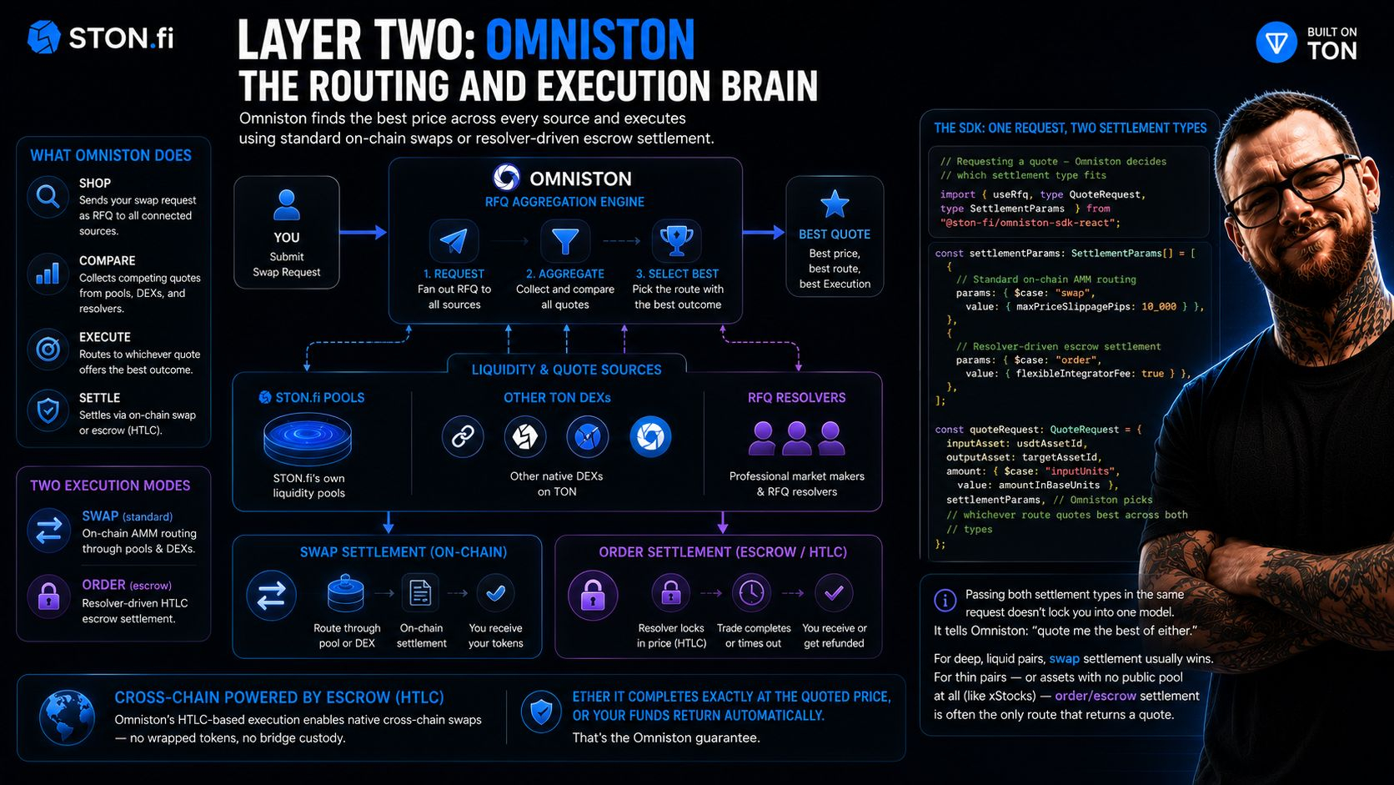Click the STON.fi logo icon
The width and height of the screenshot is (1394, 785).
point(43,38)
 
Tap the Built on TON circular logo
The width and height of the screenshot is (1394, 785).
point(1276,43)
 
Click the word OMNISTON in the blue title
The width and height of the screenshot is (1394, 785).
point(590,40)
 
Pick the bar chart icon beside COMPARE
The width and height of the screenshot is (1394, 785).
point(48,274)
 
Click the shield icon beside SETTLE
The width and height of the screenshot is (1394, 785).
point(48,411)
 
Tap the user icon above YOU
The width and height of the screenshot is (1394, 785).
point(286,205)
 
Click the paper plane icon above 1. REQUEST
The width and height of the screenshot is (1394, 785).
point(454,240)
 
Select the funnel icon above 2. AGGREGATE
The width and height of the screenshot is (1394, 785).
point(565,240)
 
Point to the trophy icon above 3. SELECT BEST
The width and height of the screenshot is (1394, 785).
point(676,240)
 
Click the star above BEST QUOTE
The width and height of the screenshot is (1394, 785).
point(835,204)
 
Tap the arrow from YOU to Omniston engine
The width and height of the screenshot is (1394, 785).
point(363,232)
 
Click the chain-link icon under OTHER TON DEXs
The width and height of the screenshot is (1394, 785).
point(463,436)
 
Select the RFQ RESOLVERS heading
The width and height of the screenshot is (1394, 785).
point(796,398)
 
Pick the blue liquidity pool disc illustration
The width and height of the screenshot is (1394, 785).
point(308,439)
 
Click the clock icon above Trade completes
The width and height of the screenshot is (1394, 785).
point(752,592)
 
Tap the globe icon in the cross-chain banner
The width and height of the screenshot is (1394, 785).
point(68,717)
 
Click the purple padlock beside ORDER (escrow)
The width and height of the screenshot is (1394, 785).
point(48,596)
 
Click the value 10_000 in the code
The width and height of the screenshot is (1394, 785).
point(1159,306)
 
